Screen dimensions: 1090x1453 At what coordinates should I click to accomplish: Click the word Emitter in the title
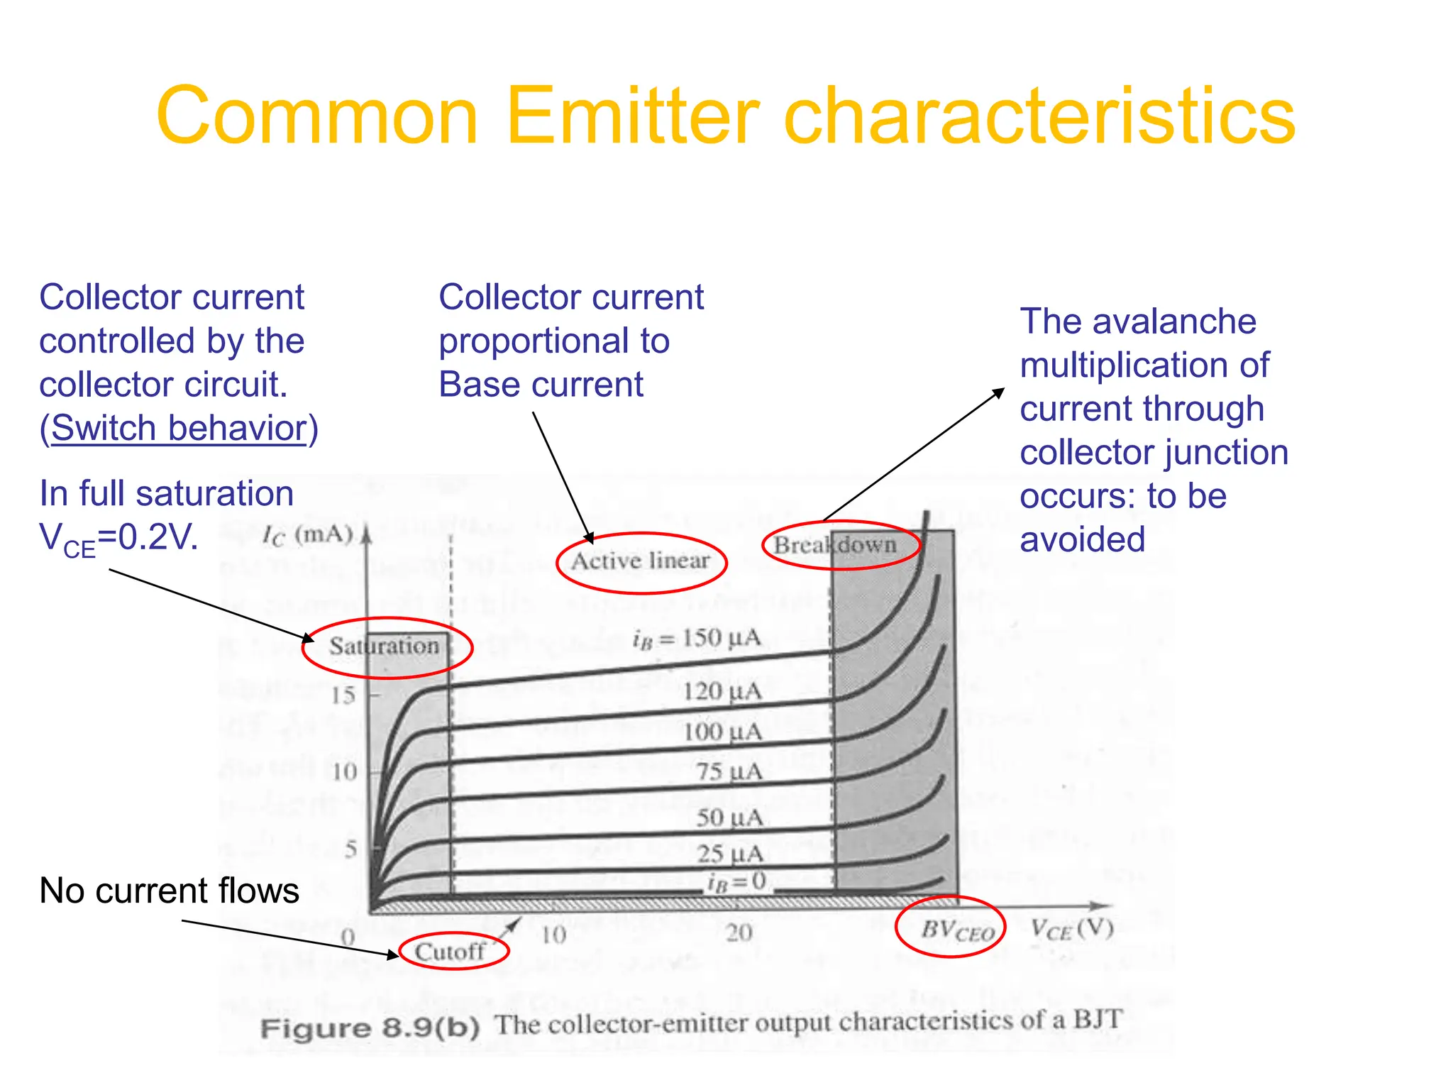(631, 116)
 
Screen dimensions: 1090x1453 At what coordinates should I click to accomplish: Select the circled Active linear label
(641, 561)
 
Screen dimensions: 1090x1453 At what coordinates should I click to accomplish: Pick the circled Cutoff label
(452, 951)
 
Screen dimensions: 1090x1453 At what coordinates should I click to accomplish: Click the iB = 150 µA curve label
(697, 639)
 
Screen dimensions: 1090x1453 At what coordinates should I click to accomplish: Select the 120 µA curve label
(722, 691)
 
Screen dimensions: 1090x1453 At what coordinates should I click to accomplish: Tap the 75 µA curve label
(729, 771)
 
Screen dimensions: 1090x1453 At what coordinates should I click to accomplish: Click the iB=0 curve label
(736, 882)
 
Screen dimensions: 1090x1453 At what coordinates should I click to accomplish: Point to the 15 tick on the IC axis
(343, 695)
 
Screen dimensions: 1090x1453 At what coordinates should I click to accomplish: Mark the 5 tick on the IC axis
(350, 849)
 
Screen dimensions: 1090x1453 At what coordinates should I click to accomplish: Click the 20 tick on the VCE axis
(739, 932)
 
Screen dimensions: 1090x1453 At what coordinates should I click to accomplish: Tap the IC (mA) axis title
(307, 535)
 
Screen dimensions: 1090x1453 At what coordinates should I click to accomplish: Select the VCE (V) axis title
(1071, 929)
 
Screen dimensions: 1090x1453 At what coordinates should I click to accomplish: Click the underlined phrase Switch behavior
(179, 428)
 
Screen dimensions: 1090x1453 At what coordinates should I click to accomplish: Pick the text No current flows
(169, 891)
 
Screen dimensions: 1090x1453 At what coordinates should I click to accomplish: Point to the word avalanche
(1174, 321)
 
